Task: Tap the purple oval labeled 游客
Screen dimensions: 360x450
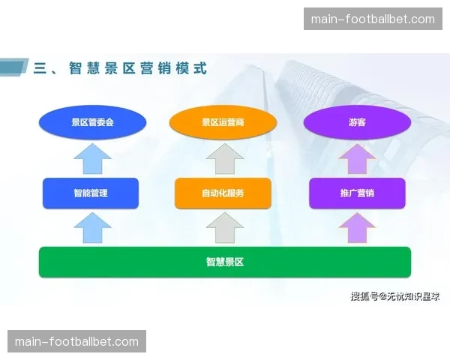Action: pyautogui.click(x=357, y=122)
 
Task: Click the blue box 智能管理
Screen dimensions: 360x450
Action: pyautogui.click(x=91, y=193)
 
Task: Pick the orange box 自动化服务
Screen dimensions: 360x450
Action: pyautogui.click(x=223, y=193)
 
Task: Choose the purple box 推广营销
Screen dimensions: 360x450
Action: pyautogui.click(x=357, y=193)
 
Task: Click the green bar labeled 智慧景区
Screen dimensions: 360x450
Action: pyautogui.click(x=225, y=262)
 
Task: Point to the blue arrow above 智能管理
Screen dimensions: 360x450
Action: pyautogui.click(x=92, y=160)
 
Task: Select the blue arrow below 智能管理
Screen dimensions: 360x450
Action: pyautogui.click(x=92, y=227)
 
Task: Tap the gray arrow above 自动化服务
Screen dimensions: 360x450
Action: pyautogui.click(x=224, y=160)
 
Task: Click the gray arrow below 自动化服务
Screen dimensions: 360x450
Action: pyautogui.click(x=224, y=227)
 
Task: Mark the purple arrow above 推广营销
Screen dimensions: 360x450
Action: pyautogui.click(x=357, y=160)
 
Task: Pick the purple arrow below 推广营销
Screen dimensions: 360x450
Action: pyautogui.click(x=357, y=227)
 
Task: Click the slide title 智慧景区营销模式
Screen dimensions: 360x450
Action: pyautogui.click(x=137, y=68)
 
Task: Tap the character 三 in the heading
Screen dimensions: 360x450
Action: pyautogui.click(x=40, y=68)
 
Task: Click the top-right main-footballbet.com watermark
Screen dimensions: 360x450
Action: pyautogui.click(x=372, y=19)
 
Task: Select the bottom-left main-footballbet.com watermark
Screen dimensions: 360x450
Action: pyautogui.click(x=77, y=341)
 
